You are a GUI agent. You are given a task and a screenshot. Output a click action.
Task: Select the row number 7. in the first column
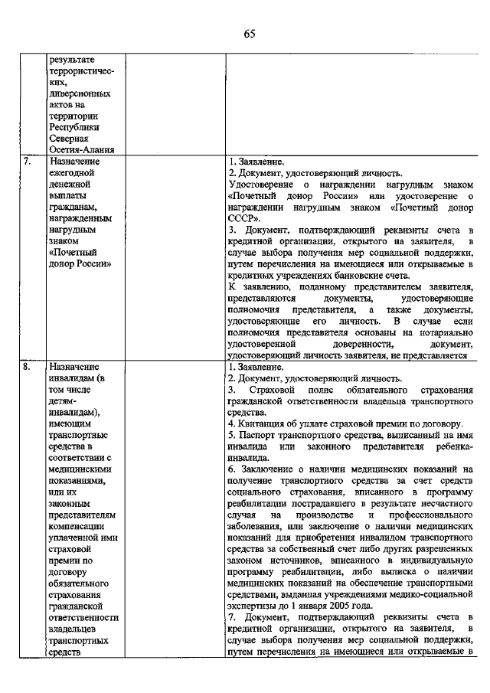pos(28,162)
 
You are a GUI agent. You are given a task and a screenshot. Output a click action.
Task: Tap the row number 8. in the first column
pos(28,367)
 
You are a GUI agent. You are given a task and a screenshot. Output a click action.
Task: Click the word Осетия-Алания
pos(81,150)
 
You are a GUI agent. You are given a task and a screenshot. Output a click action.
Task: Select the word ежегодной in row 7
pos(72,174)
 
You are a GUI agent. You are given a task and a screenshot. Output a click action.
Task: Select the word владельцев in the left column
pos(74,629)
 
